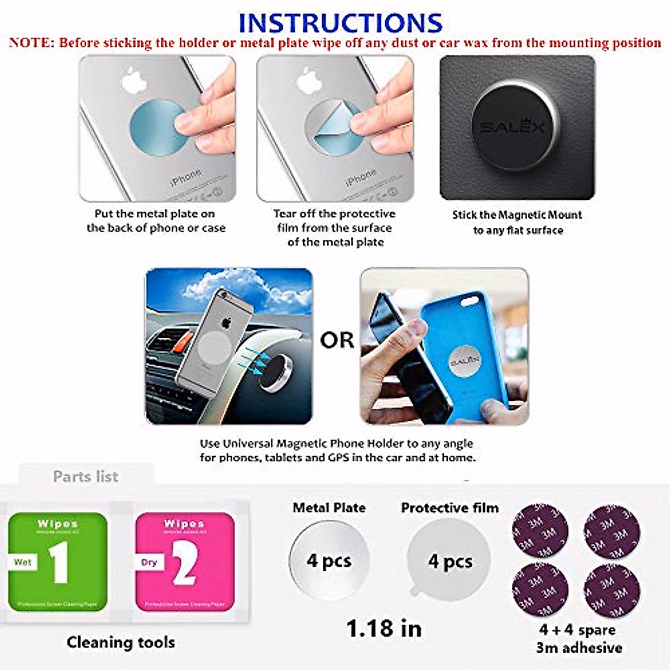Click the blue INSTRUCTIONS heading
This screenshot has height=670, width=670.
coord(340,23)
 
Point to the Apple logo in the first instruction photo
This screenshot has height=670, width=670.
coord(133,81)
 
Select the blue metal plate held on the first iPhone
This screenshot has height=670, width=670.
coord(157,128)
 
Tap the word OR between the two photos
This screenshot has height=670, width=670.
coord(337,340)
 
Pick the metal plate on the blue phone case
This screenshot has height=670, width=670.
coord(465,362)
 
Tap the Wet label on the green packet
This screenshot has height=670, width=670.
coord(23,562)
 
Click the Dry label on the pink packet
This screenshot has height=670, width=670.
coord(149,562)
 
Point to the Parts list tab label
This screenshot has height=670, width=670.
coord(85,476)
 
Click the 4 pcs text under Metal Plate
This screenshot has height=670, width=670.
coord(329,561)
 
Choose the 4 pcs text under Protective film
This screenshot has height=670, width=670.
coord(450,561)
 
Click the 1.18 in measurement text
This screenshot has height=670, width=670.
coord(384,629)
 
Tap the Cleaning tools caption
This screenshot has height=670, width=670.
coord(121,642)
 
